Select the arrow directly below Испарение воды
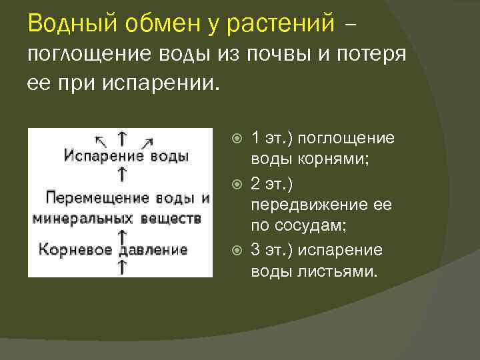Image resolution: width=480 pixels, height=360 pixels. point(123,175)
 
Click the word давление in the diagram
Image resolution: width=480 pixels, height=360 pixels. point(154,250)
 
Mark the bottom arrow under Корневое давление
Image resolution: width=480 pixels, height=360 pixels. point(123,268)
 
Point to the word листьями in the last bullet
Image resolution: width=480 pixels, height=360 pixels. point(337,272)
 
